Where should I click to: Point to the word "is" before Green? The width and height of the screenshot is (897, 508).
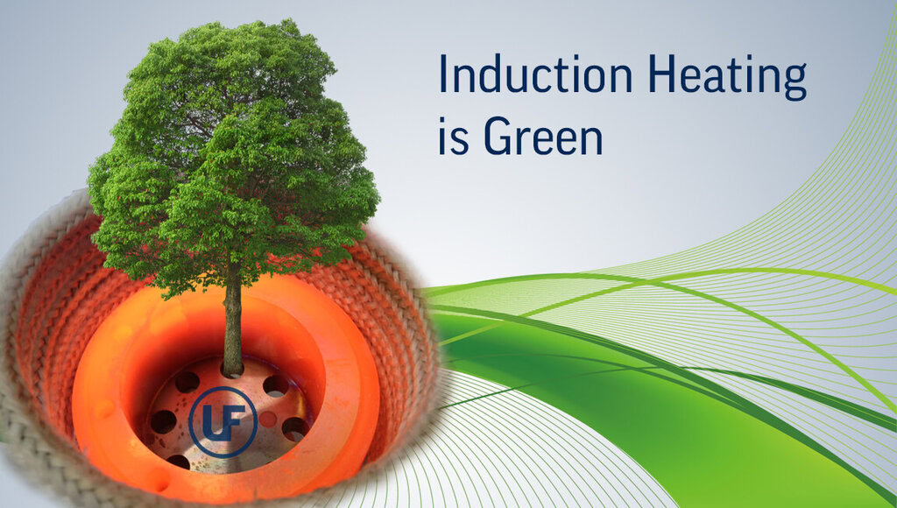pyautogui.click(x=453, y=136)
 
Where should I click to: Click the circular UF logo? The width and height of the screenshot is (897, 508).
pyautogui.click(x=223, y=421)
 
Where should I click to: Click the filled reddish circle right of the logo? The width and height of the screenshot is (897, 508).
pyautogui.click(x=267, y=420)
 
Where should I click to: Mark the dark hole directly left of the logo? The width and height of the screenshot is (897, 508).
pyautogui.click(x=163, y=422)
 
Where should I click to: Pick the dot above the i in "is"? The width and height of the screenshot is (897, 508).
pyautogui.click(x=442, y=120)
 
